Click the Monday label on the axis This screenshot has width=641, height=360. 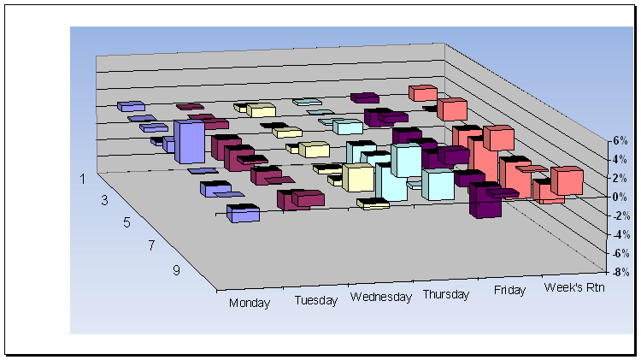tap(250, 303)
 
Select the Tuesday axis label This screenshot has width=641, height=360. tap(316, 300)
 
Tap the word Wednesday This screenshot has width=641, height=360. tap(381, 297)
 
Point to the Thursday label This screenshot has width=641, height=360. tap(446, 294)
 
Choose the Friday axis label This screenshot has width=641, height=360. tap(509, 290)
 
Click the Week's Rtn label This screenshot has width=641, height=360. tap(574, 287)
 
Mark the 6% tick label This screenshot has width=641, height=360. tap(620, 141)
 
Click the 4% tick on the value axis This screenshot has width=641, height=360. tap(620, 159)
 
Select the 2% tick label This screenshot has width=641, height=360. tap(620, 178)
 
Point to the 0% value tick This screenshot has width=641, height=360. tap(620, 197)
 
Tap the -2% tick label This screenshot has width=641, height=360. tap(620, 215)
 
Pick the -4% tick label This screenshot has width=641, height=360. tap(620, 234)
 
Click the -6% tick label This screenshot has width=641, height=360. tap(620, 253)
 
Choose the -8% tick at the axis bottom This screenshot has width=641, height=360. tap(620, 272)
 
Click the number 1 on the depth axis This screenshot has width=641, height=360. tap(83, 179)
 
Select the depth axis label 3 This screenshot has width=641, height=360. tap(104, 200)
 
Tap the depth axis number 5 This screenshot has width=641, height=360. tap(126, 222)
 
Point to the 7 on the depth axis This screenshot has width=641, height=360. tap(151, 245)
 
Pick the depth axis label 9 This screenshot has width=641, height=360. tap(176, 270)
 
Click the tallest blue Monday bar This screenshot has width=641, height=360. tap(189, 142)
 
